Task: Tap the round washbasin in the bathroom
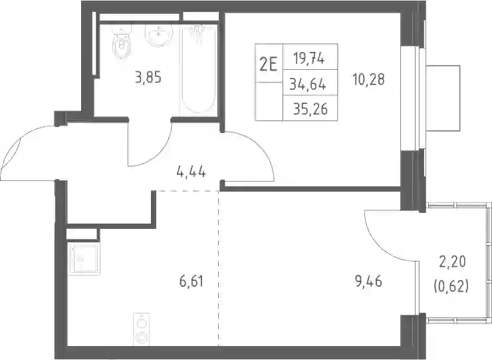159,35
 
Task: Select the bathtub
198,69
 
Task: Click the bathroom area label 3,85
148,77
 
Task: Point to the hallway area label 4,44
191,172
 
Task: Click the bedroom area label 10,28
368,79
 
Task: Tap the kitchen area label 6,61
191,281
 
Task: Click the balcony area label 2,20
452,262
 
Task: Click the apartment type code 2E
269,65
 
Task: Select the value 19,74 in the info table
309,58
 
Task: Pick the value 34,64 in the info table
307,85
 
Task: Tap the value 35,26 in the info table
310,109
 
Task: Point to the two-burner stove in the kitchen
141,329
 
